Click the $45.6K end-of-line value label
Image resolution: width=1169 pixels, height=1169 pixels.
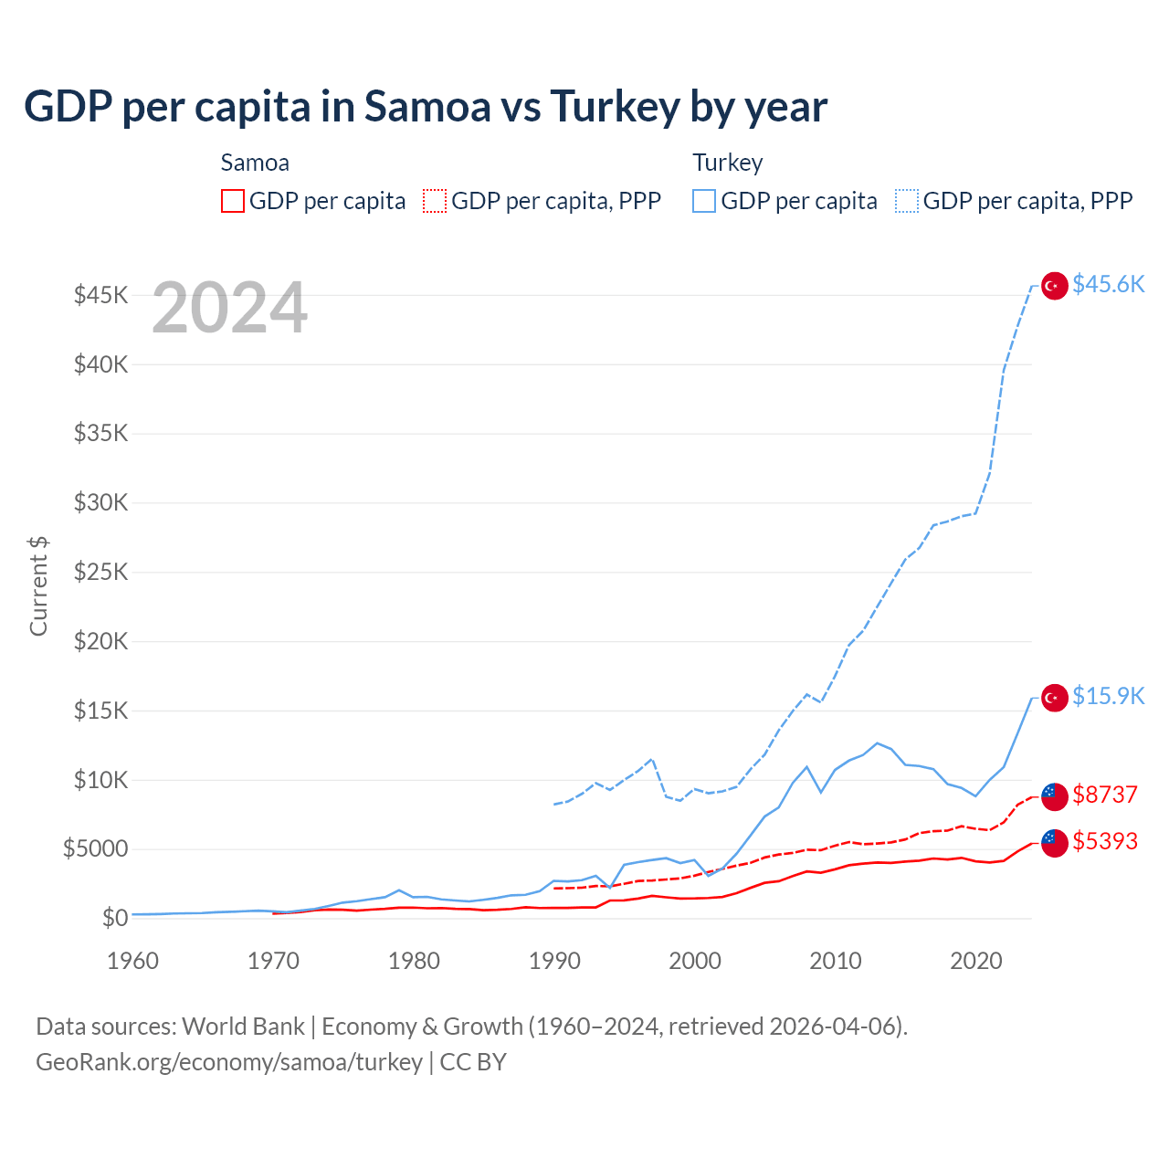pyautogui.click(x=1108, y=284)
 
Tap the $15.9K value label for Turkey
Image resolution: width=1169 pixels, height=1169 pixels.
pyautogui.click(x=1108, y=696)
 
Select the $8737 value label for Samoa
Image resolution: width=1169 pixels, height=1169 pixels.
pyautogui.click(x=1105, y=795)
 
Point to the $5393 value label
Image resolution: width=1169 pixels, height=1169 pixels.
pyautogui.click(x=1105, y=841)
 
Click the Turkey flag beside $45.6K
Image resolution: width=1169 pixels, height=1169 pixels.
pyautogui.click(x=1055, y=286)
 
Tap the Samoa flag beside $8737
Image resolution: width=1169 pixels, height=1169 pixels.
pyautogui.click(x=1055, y=796)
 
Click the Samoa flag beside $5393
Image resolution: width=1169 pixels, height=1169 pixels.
pyautogui.click(x=1055, y=843)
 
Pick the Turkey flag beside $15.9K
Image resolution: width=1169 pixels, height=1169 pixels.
pyautogui.click(x=1055, y=698)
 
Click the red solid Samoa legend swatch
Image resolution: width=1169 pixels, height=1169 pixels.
pyautogui.click(x=233, y=201)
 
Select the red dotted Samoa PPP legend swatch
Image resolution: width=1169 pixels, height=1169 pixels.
pyautogui.click(x=435, y=201)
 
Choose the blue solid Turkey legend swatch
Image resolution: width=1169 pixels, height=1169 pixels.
pyautogui.click(x=704, y=201)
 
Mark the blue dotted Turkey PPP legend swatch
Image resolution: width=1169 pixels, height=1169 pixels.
pyautogui.click(x=907, y=201)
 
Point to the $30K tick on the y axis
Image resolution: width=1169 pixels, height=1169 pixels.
pyautogui.click(x=101, y=502)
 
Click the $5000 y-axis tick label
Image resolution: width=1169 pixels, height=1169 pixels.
pyautogui.click(x=96, y=848)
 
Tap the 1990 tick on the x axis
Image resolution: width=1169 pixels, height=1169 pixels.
pyautogui.click(x=554, y=961)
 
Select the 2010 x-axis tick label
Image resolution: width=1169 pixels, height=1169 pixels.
pyautogui.click(x=836, y=961)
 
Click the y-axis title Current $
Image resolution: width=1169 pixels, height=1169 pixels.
pyautogui.click(x=38, y=585)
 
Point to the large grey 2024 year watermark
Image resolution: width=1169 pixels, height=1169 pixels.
pyautogui.click(x=229, y=308)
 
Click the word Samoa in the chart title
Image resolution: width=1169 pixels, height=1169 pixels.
pyautogui.click(x=427, y=107)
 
